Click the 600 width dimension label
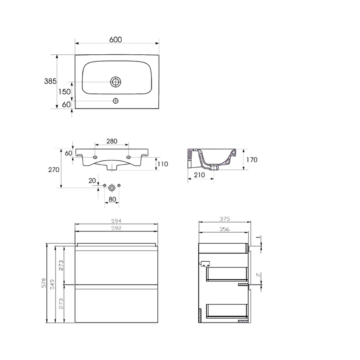116,40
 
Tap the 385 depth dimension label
50,81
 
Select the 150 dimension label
64,92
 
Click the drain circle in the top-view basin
116,82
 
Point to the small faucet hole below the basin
116,101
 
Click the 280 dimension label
112,141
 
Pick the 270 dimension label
54,170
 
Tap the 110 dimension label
163,164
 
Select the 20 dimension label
92,181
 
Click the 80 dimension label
112,199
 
